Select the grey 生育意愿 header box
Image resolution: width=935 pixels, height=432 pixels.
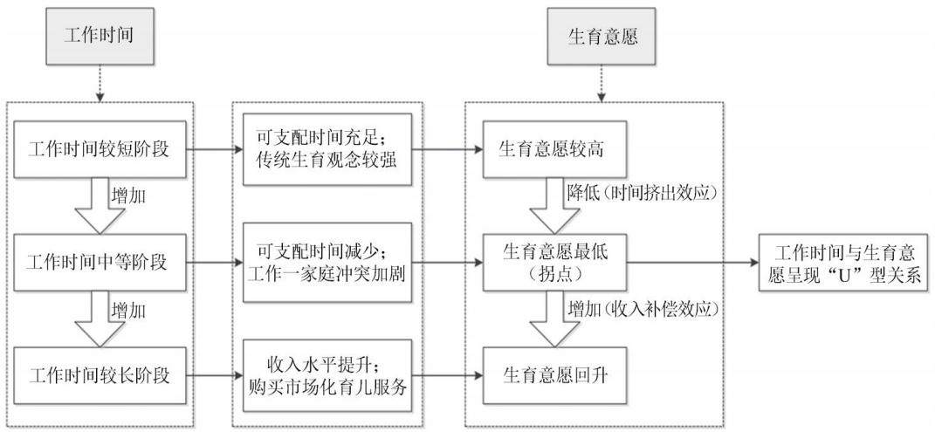(x=601, y=36)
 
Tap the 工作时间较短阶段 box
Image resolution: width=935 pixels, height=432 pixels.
(x=99, y=150)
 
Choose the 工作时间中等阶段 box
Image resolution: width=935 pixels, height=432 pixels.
(x=99, y=262)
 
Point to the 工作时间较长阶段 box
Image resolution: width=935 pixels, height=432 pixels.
(x=99, y=374)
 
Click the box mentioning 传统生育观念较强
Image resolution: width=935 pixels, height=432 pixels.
(x=327, y=150)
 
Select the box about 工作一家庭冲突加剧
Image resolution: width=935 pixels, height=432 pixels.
(x=327, y=262)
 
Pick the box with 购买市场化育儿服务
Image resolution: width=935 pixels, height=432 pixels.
(x=327, y=375)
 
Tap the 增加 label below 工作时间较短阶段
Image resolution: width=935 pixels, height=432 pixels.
(x=127, y=195)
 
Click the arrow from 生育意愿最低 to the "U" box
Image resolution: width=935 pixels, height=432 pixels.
(x=691, y=262)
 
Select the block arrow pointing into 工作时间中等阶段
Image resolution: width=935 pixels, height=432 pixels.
(x=99, y=206)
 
